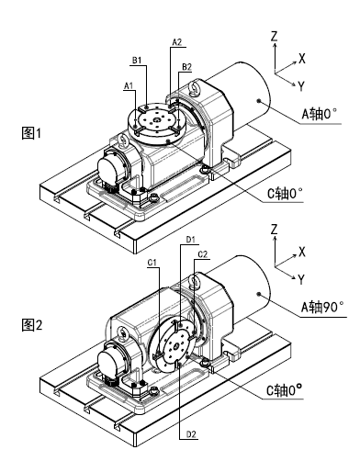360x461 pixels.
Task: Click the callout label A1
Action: tap(129, 85)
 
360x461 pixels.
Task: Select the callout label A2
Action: tap(177, 42)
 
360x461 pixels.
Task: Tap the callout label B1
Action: tap(137, 61)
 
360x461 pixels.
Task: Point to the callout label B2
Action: tap(186, 67)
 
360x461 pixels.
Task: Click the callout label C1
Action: tap(152, 263)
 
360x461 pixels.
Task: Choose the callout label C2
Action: tap(203, 254)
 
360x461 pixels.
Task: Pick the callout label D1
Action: tap(191, 240)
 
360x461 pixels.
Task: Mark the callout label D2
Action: tap(191, 434)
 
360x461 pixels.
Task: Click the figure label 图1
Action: tap(31, 133)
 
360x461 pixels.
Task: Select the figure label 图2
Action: tap(31, 325)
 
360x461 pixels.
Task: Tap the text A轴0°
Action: tap(320, 114)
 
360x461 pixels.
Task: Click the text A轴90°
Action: tap(322, 307)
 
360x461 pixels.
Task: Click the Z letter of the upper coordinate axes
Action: tap(274, 37)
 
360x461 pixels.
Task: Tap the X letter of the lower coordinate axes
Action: tap(302, 253)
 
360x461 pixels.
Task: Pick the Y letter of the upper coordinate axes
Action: tap(301, 86)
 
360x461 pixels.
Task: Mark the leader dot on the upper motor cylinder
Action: tap(259, 101)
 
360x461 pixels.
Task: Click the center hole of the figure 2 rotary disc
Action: tap(176, 347)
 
